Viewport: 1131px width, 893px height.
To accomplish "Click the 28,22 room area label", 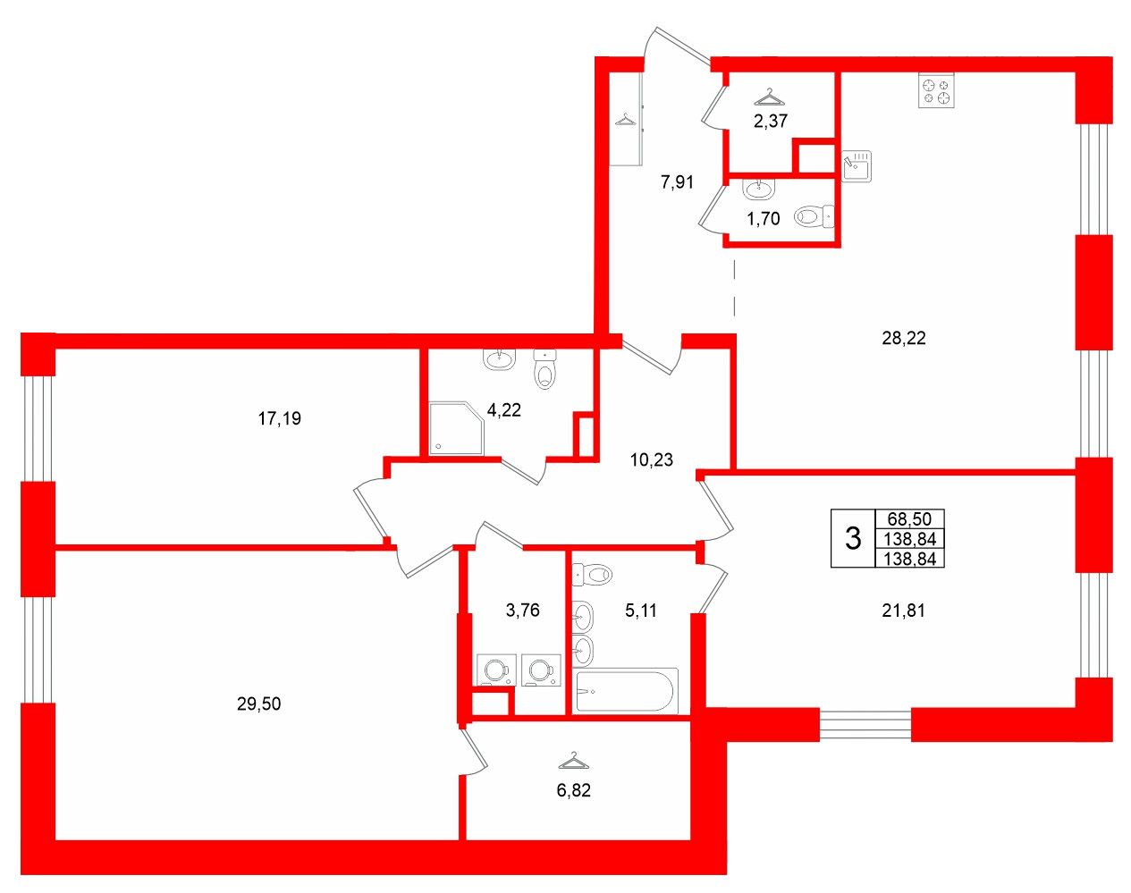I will pyautogui.click(x=904, y=338).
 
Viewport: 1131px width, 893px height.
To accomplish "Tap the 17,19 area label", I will pyautogui.click(x=279, y=417).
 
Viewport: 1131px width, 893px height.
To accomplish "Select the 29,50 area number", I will pyautogui.click(x=258, y=703).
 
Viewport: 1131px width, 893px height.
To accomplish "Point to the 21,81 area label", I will pyautogui.click(x=903, y=611).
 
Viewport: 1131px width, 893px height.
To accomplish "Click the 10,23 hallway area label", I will pyautogui.click(x=651, y=459).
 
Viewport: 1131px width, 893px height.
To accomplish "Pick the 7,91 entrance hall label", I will pyautogui.click(x=677, y=182).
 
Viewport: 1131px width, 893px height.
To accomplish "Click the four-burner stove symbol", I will pyautogui.click(x=936, y=91).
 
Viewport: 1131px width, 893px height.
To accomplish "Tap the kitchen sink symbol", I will pyautogui.click(x=857, y=166).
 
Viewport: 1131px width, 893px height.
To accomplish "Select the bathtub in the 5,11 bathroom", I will pyautogui.click(x=626, y=691).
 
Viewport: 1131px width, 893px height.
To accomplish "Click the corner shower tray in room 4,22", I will pyautogui.click(x=456, y=428).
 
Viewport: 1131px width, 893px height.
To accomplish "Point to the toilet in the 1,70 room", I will pyautogui.click(x=814, y=215).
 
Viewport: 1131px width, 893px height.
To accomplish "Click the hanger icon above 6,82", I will pyautogui.click(x=573, y=761).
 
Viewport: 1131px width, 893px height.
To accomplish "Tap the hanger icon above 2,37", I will pyautogui.click(x=769, y=97).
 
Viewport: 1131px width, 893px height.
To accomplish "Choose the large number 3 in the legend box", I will pyautogui.click(x=853, y=538).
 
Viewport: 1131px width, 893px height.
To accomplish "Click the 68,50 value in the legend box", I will pyautogui.click(x=909, y=518).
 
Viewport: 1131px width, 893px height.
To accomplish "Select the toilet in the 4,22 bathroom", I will pyautogui.click(x=544, y=369).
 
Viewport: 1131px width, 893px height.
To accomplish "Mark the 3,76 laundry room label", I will pyautogui.click(x=522, y=611).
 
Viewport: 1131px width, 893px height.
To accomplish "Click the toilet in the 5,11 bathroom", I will pyautogui.click(x=591, y=574).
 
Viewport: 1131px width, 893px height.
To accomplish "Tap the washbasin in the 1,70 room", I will pyautogui.click(x=759, y=189).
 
